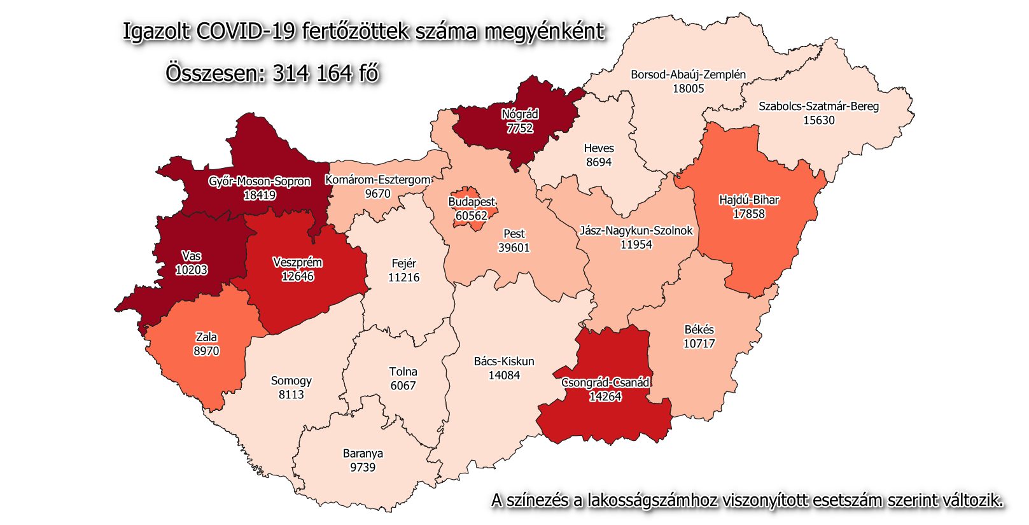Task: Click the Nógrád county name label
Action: (519, 115)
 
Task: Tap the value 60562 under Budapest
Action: (471, 216)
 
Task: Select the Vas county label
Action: (191, 256)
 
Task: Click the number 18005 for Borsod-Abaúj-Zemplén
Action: (688, 88)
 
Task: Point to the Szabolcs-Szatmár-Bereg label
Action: (818, 106)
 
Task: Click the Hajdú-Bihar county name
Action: (748, 200)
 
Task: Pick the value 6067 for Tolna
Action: (403, 386)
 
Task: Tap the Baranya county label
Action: (363, 454)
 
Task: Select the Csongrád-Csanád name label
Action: (605, 382)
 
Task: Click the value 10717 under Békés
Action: (699, 344)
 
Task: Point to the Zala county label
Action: (206, 337)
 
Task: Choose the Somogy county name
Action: (291, 381)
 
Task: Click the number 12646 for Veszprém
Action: (297, 276)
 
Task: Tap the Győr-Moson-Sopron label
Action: (259, 181)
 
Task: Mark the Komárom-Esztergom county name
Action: (377, 180)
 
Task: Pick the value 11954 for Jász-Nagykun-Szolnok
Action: (636, 244)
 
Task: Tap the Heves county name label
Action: (599, 148)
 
